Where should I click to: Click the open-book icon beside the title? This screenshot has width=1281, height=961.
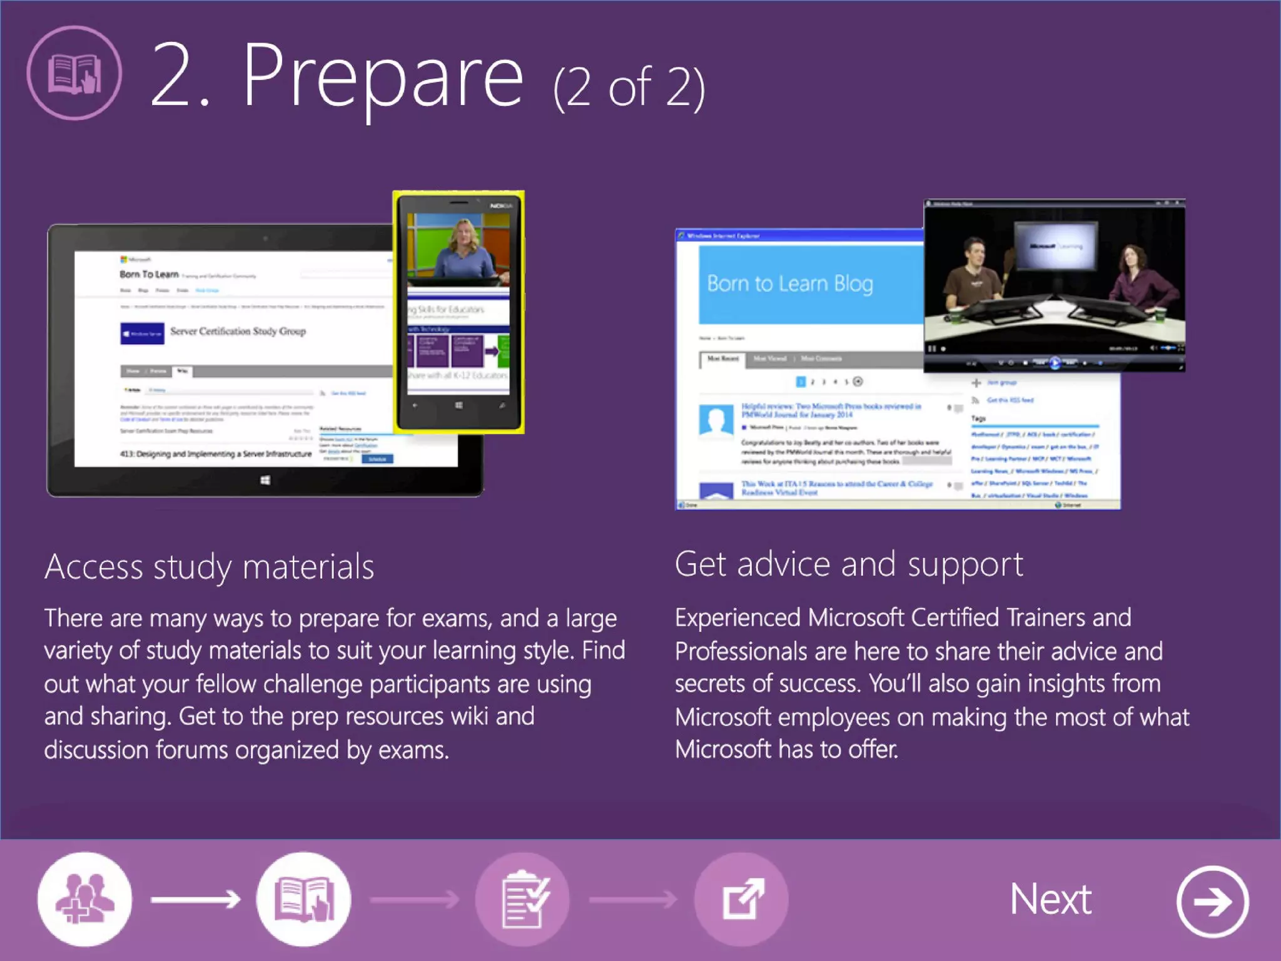(74, 73)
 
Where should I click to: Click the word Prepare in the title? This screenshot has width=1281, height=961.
(383, 78)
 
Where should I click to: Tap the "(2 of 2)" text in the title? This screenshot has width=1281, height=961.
(629, 88)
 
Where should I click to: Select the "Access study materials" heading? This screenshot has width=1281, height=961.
(209, 567)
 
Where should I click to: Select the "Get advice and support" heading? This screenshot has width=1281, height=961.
(849, 564)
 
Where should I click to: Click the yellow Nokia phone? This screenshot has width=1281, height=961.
(458, 312)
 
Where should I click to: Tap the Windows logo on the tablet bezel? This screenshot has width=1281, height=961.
(265, 480)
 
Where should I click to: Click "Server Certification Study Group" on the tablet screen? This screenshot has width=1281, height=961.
(238, 332)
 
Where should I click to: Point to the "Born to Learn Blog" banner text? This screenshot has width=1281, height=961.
(790, 284)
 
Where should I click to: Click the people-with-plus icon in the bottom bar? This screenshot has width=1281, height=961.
(84, 899)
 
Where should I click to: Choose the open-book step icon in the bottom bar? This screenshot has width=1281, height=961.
(304, 899)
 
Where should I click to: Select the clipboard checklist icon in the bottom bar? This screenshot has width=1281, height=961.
(523, 899)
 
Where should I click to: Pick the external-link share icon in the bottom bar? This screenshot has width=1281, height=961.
(742, 899)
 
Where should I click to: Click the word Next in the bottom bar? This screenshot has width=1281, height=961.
(1051, 900)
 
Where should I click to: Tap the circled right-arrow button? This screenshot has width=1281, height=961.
(1212, 902)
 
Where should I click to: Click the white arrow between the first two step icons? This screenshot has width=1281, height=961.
(195, 900)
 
